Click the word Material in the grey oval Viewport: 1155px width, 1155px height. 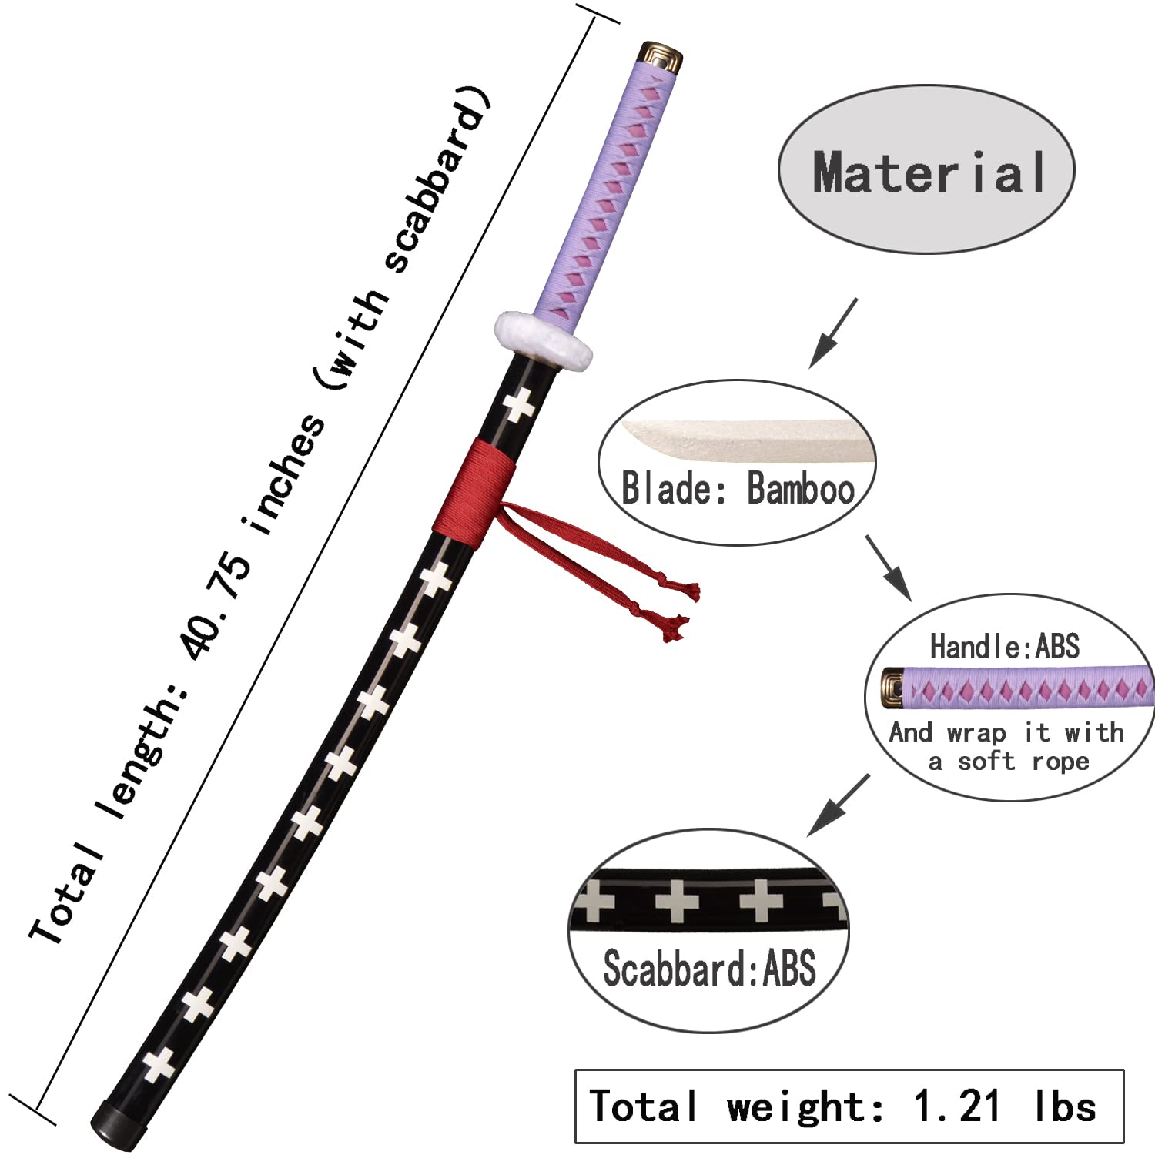(x=929, y=172)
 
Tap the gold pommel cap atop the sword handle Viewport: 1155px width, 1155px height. (x=661, y=57)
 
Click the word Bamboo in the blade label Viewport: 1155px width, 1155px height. (x=801, y=490)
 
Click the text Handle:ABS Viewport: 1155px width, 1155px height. (x=1004, y=647)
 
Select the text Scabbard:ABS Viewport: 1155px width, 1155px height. (x=708, y=969)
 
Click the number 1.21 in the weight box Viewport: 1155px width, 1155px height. (x=957, y=1107)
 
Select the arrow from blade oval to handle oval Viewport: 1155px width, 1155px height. (x=889, y=567)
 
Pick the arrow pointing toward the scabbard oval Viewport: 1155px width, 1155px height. (x=838, y=805)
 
